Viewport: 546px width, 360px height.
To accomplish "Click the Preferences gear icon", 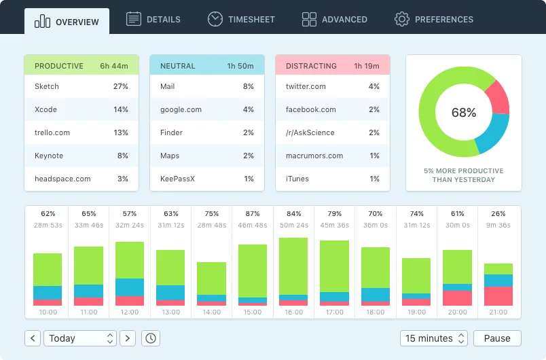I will pos(402,19).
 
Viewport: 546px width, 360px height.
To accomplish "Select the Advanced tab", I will pos(334,19).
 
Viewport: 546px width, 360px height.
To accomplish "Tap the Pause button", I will pos(497,338).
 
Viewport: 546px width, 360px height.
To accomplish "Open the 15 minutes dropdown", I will pos(434,338).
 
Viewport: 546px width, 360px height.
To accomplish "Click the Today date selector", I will pos(80,338).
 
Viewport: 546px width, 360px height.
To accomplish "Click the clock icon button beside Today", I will pos(150,338).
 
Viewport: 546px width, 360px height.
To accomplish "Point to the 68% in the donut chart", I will pos(464,113).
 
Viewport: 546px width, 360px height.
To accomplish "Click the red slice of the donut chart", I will pos(498,97).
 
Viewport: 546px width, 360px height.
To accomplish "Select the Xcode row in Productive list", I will pos(81,109).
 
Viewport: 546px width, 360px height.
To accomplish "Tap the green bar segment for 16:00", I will pos(293,266).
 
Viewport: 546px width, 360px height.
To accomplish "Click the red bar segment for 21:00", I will pos(498,296).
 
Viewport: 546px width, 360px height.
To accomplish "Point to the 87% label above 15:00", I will pos(253,213).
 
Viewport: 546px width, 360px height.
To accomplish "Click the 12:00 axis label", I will pos(130,312).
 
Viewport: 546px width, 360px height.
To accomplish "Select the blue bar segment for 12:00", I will pos(130,287).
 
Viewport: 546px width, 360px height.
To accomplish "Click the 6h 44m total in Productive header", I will pos(114,66).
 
